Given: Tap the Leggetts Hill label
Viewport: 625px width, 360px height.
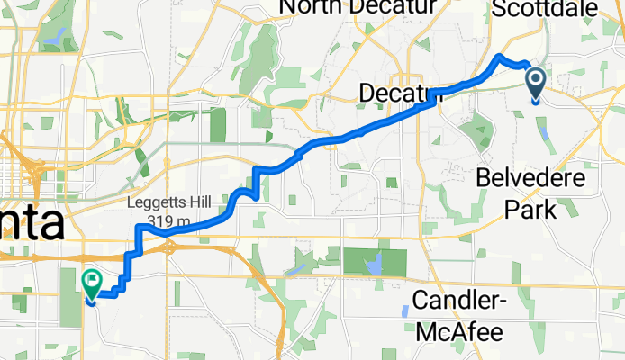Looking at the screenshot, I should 169,203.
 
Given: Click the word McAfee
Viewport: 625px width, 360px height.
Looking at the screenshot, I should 458,331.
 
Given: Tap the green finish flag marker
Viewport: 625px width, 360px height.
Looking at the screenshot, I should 92,283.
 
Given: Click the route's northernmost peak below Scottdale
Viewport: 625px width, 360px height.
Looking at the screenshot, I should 501,58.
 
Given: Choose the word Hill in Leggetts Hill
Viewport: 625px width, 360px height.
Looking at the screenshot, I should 197,203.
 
